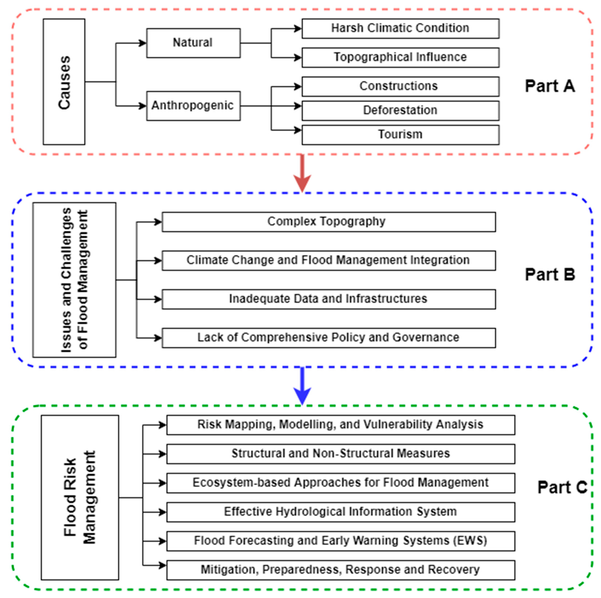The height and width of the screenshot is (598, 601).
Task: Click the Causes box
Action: point(64,82)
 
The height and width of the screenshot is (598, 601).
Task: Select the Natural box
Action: point(193,43)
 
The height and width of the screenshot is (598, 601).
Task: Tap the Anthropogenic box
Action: point(193,106)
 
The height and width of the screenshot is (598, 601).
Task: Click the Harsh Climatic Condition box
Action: point(401,29)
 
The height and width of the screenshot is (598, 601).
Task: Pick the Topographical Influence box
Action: point(401,58)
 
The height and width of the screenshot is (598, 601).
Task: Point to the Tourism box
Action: point(401,135)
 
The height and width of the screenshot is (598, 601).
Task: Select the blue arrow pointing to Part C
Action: point(302,386)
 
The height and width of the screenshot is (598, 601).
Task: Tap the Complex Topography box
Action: point(329,222)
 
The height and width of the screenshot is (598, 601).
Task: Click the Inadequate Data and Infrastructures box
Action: point(329,299)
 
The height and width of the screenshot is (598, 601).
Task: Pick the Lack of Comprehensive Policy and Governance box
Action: point(329,338)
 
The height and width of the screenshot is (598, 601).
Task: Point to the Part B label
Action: point(550,275)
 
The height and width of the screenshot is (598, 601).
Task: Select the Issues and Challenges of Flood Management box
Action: point(74,280)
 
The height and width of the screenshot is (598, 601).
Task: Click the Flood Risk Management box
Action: point(80,497)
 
